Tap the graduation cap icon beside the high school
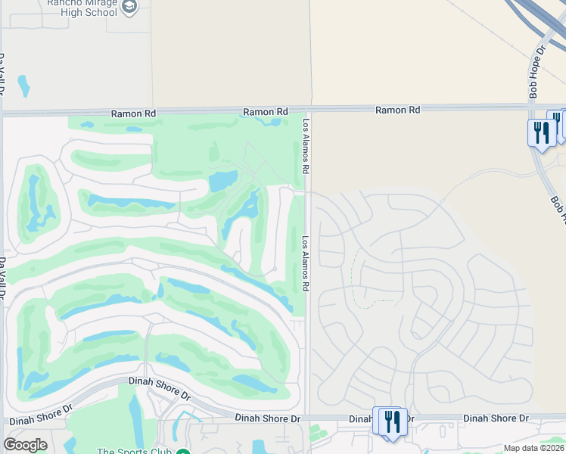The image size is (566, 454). coord(129,7)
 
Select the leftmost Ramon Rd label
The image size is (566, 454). coord(133,113)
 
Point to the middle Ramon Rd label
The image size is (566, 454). coord(266,112)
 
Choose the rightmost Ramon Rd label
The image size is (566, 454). coord(398,110)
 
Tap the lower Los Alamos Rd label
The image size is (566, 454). coord(306,264)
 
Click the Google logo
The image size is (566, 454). coord(25,445)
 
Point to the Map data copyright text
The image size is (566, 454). coord(534,448)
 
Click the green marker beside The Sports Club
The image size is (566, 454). coord(183,452)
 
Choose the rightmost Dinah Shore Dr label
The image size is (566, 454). coord(496,418)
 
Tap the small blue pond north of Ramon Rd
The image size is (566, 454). coord(23,86)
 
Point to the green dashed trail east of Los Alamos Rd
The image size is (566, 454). coord(356,272)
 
